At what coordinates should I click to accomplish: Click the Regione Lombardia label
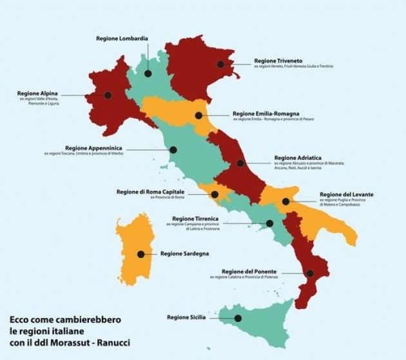[122, 39]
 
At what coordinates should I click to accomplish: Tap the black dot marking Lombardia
[148, 74]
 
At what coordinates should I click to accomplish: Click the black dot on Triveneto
[221, 64]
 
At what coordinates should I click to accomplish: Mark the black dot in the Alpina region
[108, 95]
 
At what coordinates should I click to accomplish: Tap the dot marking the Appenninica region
[173, 150]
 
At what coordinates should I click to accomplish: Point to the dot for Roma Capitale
[215, 194]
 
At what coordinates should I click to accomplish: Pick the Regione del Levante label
[346, 194]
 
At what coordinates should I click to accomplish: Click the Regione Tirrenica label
[195, 219]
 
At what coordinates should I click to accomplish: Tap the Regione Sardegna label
[184, 254]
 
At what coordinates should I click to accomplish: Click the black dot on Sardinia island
[141, 254]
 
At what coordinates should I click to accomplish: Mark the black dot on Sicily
[238, 318]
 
